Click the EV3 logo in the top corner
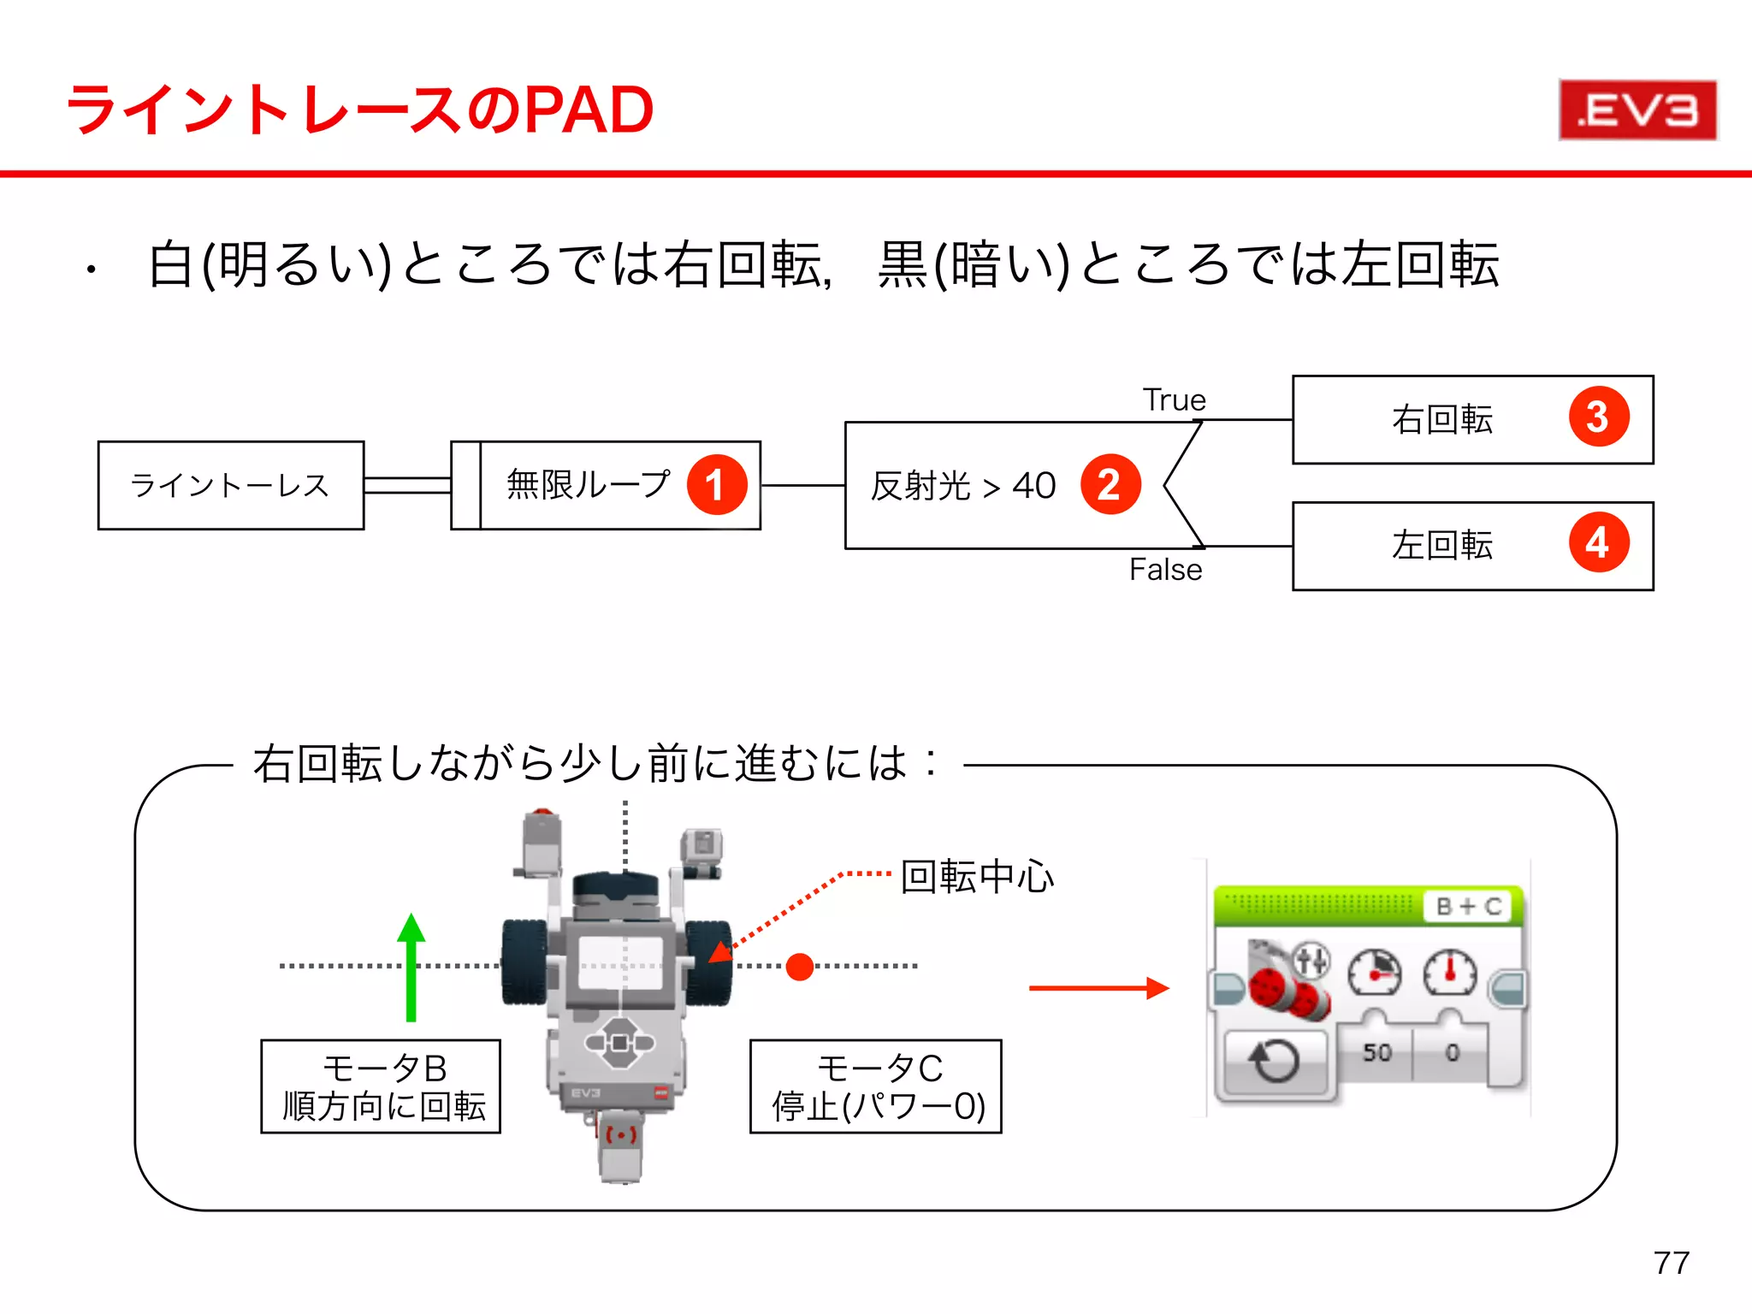[1637, 110]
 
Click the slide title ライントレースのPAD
[359, 110]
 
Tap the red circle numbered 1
[717, 485]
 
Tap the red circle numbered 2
[1110, 485]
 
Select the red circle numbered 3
[1598, 417]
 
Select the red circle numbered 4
[1598, 543]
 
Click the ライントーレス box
[230, 486]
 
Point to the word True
[1174, 400]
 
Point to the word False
[1165, 570]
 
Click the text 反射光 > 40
[963, 486]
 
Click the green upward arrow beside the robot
[411, 967]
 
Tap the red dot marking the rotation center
[799, 967]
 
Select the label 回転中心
[977, 877]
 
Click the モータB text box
[381, 1086]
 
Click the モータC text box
[876, 1086]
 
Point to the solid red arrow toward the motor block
[1098, 988]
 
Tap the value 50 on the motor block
[1376, 1052]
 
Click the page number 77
[1671, 1263]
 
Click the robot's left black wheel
[524, 962]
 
